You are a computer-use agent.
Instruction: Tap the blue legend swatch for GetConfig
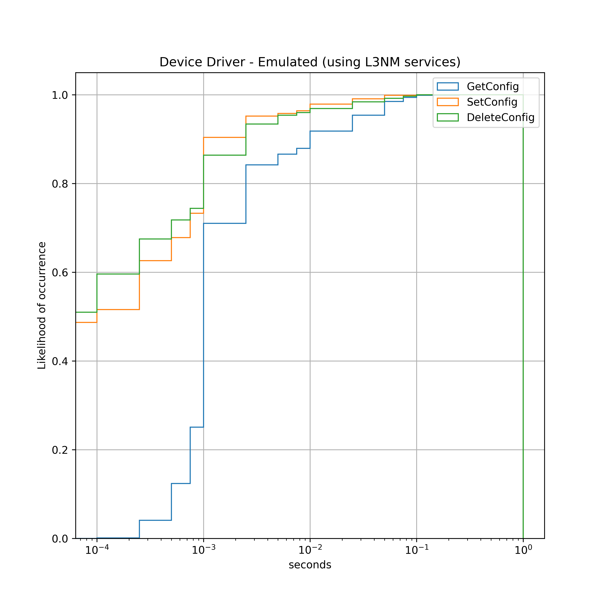[447, 86]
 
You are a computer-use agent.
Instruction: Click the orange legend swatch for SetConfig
[447, 102]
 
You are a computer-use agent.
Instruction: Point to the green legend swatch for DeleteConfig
[447, 117]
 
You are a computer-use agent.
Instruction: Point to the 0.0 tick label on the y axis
[60, 539]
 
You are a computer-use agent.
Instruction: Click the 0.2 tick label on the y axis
[60, 450]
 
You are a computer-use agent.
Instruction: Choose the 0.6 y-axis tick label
[60, 272]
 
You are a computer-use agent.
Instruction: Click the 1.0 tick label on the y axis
[60, 95]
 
